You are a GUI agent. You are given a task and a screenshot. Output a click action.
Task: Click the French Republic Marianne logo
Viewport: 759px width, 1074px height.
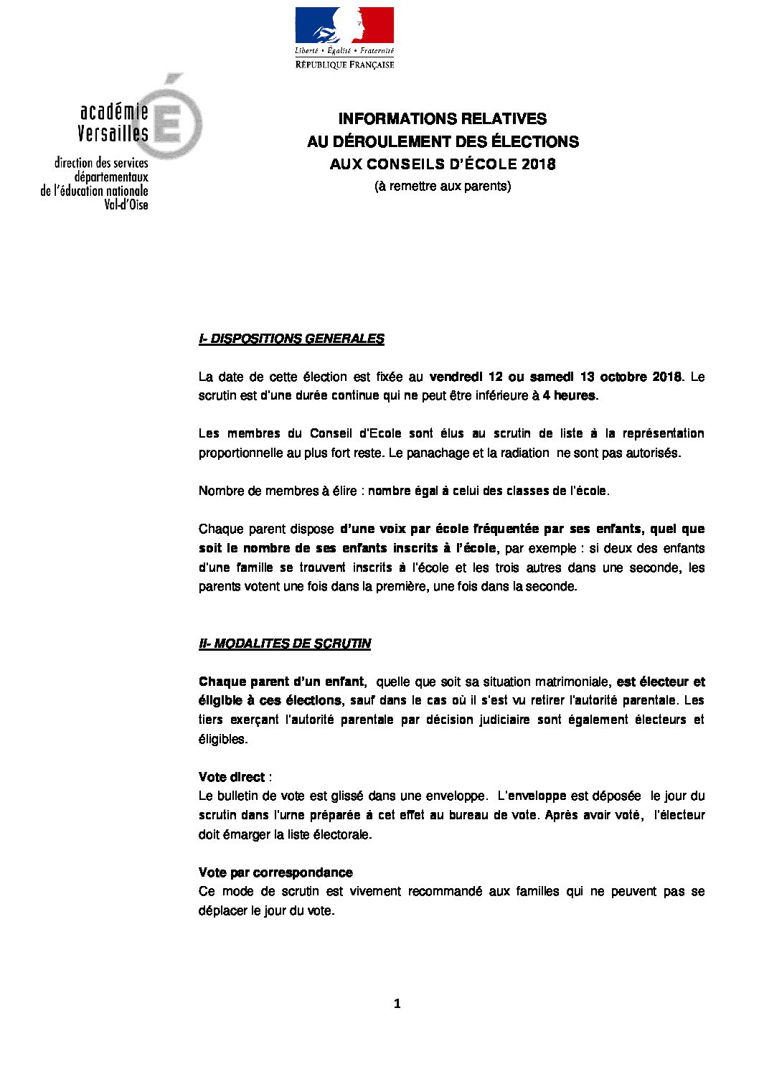(344, 26)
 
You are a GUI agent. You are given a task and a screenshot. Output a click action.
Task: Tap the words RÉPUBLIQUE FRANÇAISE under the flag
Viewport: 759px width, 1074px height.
(345, 65)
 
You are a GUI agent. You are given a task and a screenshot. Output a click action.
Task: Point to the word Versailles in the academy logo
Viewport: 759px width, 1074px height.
(113, 133)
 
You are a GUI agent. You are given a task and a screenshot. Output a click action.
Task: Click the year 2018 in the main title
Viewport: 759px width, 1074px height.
(539, 164)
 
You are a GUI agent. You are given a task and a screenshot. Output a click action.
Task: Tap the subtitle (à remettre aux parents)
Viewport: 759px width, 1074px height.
(443, 186)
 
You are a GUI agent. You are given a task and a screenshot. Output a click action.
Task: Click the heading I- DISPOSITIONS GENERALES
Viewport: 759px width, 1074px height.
(291, 339)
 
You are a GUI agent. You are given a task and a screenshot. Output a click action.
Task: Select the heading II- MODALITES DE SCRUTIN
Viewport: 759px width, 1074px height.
(284, 644)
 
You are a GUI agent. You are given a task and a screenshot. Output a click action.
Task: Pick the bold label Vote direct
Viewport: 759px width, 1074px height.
(232, 777)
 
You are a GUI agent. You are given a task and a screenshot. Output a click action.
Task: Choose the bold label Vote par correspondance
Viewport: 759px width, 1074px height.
(275, 872)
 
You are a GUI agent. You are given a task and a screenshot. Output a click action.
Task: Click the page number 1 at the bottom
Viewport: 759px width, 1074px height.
(397, 1004)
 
